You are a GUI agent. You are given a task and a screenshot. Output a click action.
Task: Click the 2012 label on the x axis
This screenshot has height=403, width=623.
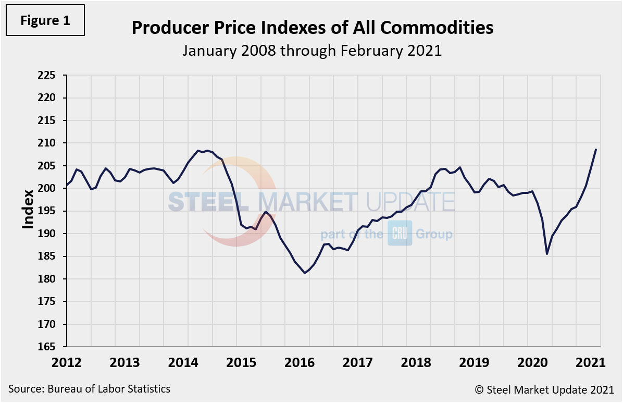pyautogui.click(x=67, y=362)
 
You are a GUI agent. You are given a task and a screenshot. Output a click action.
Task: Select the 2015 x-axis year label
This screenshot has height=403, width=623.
pyautogui.click(x=236, y=362)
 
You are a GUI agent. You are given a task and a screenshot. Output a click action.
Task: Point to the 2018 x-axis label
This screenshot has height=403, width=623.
pyautogui.click(x=406, y=362)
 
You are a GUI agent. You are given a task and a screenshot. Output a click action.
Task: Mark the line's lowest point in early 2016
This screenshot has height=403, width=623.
pyautogui.click(x=305, y=273)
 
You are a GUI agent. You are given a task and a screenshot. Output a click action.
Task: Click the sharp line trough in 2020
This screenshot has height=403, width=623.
pyautogui.click(x=547, y=254)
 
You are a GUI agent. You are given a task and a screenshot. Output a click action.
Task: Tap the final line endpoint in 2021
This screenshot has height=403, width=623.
pyautogui.click(x=596, y=150)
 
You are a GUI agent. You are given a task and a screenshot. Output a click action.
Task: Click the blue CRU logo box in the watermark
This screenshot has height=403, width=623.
pyautogui.click(x=400, y=234)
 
